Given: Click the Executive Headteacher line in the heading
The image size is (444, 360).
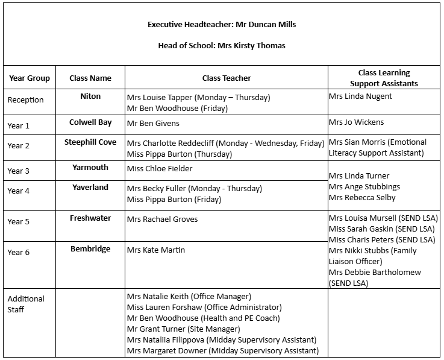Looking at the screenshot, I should (222, 25).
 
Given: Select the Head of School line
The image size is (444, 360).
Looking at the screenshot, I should (222, 46).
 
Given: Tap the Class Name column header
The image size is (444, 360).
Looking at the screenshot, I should (90, 78).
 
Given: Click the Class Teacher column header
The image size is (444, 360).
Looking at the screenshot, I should (227, 78).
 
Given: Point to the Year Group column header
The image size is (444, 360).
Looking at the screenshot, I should (30, 78).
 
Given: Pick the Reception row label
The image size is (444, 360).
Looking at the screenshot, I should (25, 100).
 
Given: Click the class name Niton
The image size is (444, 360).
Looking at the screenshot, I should (90, 96).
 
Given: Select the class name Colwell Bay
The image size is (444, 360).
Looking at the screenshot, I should (90, 122).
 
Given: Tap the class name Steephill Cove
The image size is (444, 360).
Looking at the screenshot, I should (90, 142).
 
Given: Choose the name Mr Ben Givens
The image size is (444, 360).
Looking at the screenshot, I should (153, 123).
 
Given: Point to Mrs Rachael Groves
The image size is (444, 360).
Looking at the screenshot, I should (162, 219).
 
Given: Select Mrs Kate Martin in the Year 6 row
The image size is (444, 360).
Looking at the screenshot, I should (156, 250).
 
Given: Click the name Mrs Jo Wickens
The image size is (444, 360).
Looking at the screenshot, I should (356, 122).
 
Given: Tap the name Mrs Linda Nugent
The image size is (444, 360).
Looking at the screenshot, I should (360, 96).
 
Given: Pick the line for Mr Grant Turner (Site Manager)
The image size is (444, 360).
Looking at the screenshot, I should (183, 329).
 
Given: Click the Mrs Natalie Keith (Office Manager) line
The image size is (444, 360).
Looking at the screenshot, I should (189, 296).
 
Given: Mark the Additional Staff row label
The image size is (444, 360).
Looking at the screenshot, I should (26, 304).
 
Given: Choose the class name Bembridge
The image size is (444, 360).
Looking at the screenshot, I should (90, 248).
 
